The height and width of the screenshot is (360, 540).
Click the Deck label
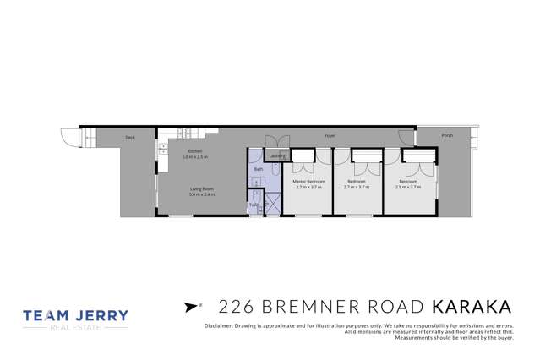pos(130,137)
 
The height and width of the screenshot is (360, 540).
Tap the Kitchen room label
pos(195,152)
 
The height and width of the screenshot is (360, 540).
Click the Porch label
pos(447,135)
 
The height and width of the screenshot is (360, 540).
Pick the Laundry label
pos(276,156)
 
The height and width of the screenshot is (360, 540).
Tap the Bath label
pos(259,169)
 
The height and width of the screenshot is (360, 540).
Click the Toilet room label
pos(254,205)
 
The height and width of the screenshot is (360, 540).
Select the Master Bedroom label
pos(308,182)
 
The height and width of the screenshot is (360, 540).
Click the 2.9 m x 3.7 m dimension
pos(407,187)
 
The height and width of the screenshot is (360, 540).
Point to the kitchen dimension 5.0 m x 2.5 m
pos(195,157)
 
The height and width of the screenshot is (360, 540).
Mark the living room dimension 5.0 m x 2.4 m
pos(201,194)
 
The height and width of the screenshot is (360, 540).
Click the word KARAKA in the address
pos(472,305)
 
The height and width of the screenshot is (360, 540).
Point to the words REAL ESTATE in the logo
pos(76,327)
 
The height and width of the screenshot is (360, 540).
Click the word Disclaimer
pos(220,325)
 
